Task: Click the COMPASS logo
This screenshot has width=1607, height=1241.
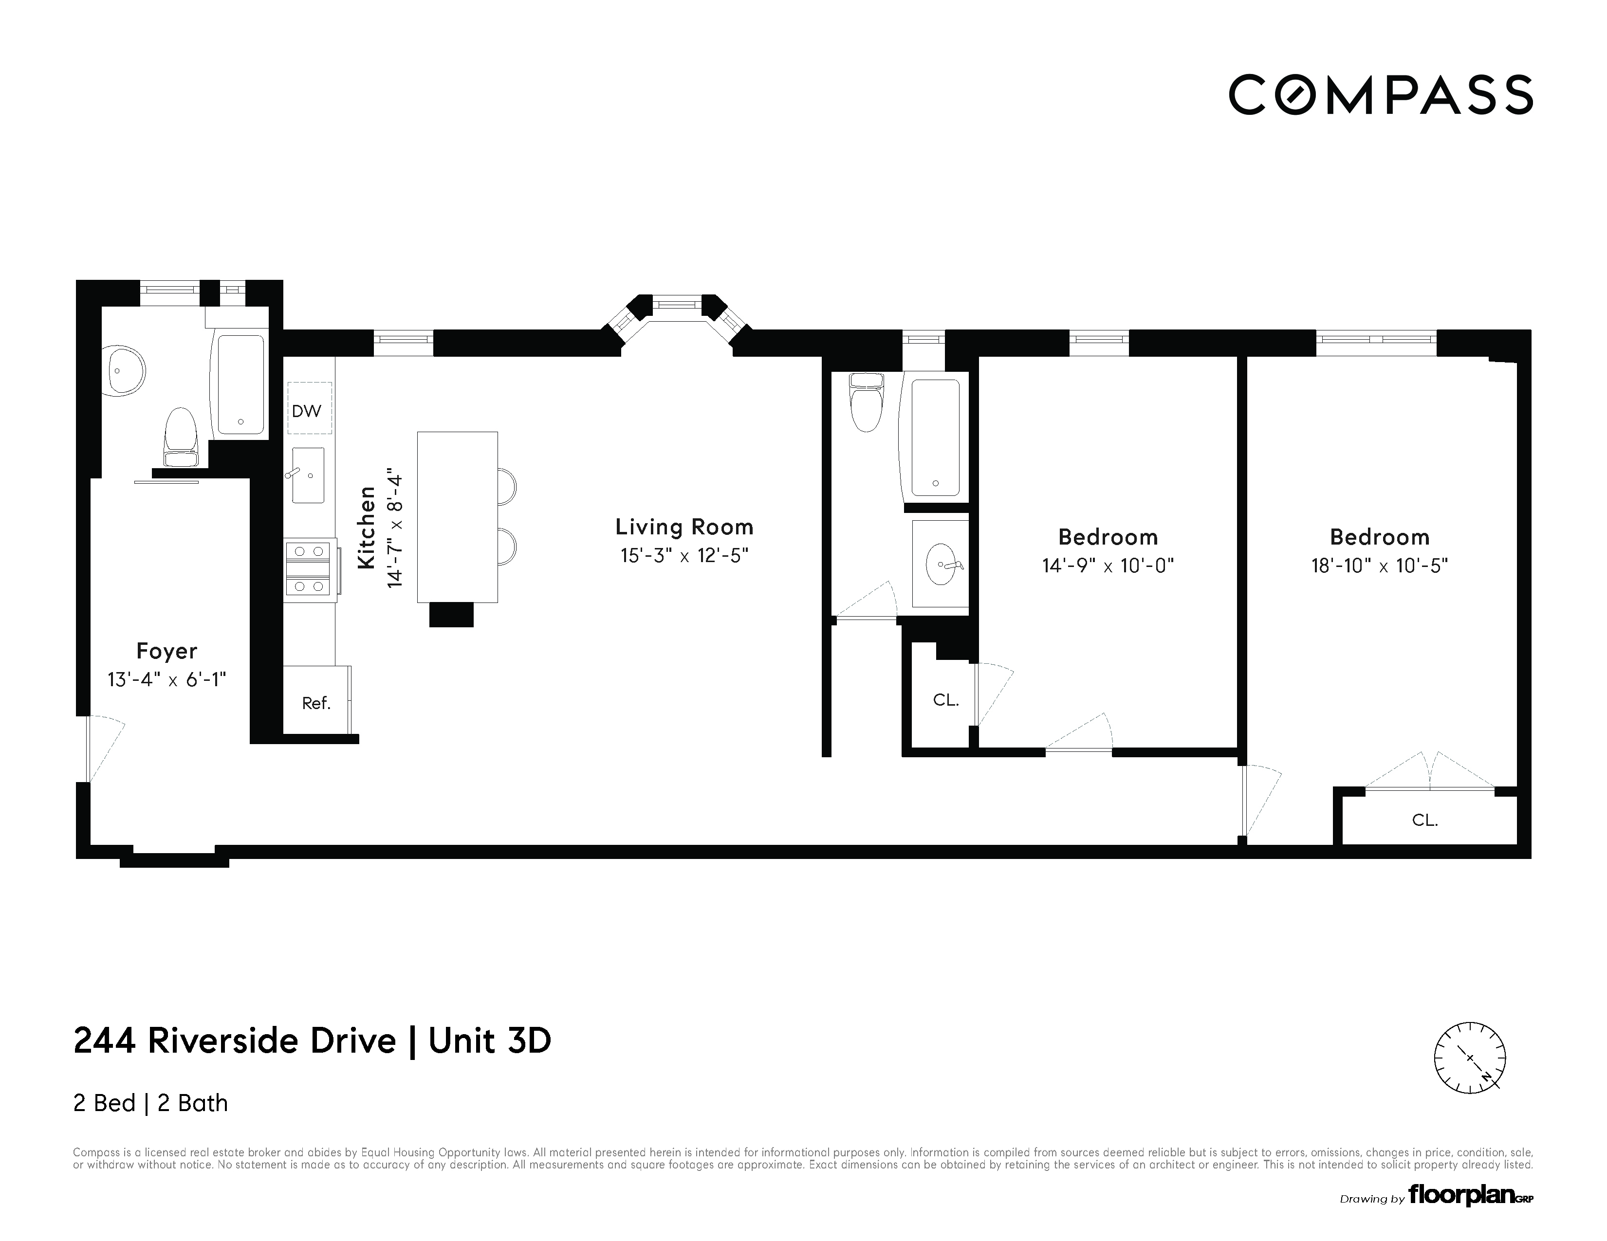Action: point(1380,95)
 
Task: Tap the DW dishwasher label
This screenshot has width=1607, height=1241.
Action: point(306,410)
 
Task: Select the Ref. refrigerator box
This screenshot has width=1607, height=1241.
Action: point(316,702)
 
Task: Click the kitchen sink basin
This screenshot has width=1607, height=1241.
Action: point(308,475)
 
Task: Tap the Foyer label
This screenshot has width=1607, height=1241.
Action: point(166,651)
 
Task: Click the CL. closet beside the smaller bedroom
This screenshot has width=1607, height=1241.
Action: point(945,699)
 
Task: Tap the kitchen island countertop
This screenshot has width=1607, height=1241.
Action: point(457,516)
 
